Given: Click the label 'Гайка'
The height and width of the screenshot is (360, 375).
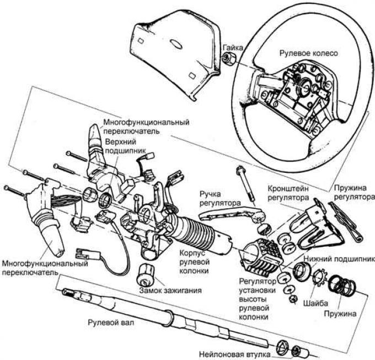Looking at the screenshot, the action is coord(233,47).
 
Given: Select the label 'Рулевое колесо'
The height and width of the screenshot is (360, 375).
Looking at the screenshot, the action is coord(309,53).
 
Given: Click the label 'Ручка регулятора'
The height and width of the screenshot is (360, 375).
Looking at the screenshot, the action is coord(220,198).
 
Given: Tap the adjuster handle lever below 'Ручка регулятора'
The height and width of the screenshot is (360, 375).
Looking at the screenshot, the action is coord(231,213).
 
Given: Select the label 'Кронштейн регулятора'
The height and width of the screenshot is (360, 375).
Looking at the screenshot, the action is coord(288,193).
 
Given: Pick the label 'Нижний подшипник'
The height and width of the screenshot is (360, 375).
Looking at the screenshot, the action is coord(339,259).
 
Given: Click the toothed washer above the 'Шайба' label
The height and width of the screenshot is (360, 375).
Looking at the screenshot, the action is coord(319,277).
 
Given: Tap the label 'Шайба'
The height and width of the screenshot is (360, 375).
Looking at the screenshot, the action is coord(315,303).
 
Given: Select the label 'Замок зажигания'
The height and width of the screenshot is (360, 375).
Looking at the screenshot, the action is coord(170,290).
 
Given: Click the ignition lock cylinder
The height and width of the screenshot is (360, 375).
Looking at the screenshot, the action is coord(146,274).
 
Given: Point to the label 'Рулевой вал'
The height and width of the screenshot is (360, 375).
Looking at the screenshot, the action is coord(111,322).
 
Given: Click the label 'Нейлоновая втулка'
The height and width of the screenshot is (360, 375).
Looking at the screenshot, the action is coord(234,354).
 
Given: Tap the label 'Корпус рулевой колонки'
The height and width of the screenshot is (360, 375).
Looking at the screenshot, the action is coord(194,262).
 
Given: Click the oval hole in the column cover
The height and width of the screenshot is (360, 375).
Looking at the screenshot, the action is coord(176,44).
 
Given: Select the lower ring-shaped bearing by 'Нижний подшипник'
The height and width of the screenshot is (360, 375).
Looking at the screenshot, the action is coord(302,270).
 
